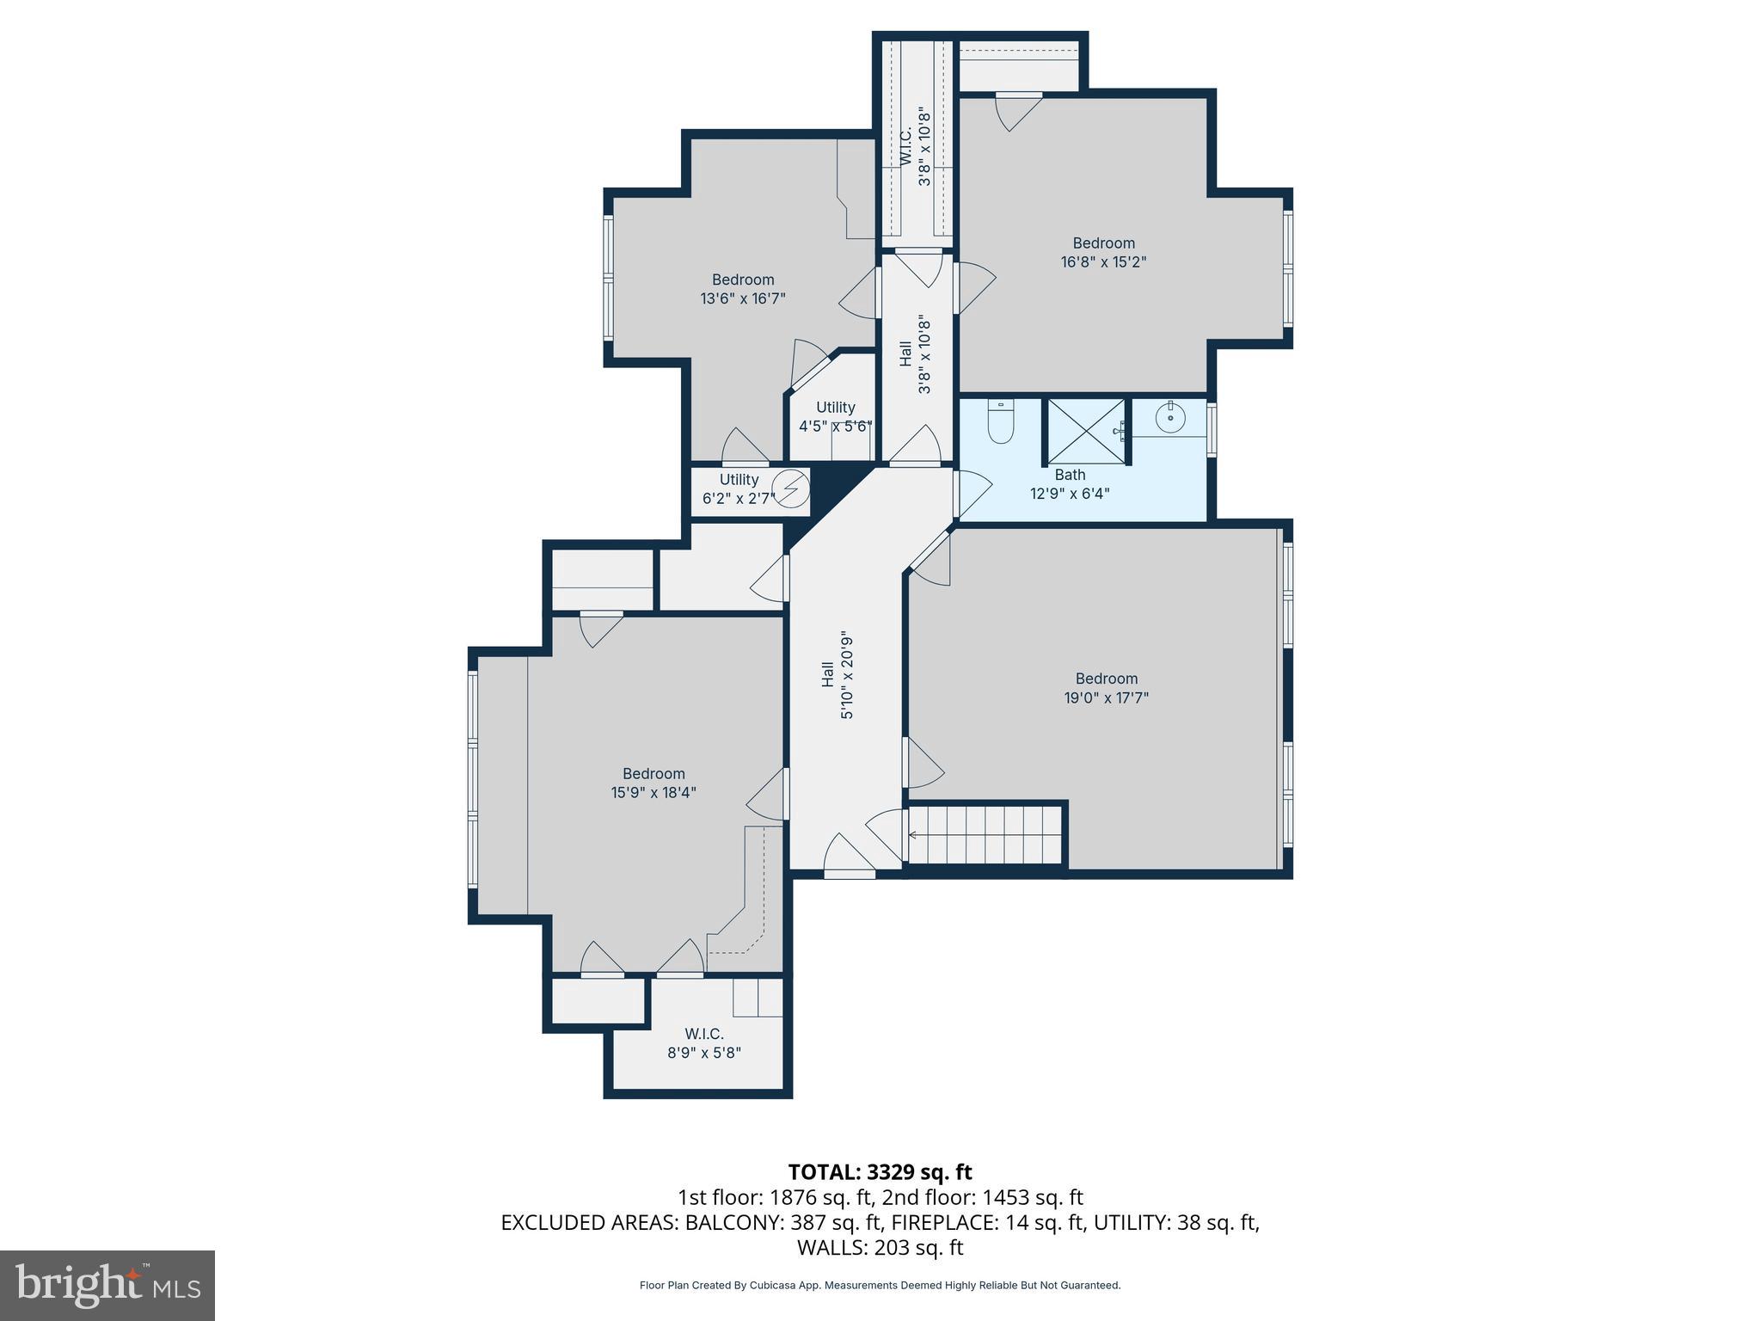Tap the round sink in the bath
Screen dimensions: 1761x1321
coord(1170,419)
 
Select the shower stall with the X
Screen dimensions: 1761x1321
coord(1086,432)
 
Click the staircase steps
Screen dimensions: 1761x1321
coord(986,834)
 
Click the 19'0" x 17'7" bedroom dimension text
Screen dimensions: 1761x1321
coord(1107,697)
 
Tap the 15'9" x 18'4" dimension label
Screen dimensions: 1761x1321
coord(653,793)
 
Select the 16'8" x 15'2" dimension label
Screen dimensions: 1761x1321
coord(1104,261)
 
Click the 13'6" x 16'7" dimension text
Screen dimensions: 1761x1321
coord(743,298)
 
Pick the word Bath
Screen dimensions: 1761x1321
coord(1071,475)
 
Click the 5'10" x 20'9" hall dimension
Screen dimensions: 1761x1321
coord(847,675)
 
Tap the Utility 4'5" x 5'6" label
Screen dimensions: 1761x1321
coord(836,416)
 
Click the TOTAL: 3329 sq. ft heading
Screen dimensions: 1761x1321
coord(880,1172)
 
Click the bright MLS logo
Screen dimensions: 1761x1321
coord(107,1285)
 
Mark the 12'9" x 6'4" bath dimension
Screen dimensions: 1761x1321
coord(1071,494)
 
